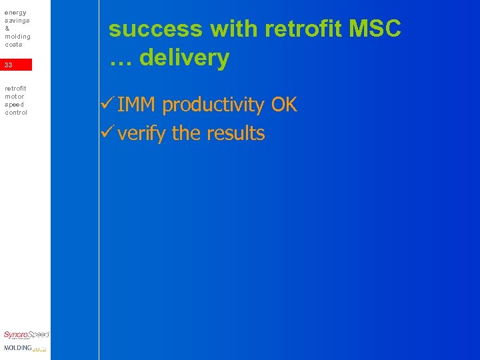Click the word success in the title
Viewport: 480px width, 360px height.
coord(156,29)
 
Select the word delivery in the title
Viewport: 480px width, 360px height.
coord(184,58)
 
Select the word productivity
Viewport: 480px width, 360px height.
coord(213,105)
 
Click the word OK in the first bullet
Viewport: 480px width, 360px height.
coord(284,105)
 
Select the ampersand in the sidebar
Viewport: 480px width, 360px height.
coord(7,29)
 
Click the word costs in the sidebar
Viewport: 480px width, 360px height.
coord(13,44)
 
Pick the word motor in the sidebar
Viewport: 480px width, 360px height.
coord(15,96)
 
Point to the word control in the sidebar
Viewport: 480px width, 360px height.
coord(16,112)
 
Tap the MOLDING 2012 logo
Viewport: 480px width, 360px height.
coord(25,348)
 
